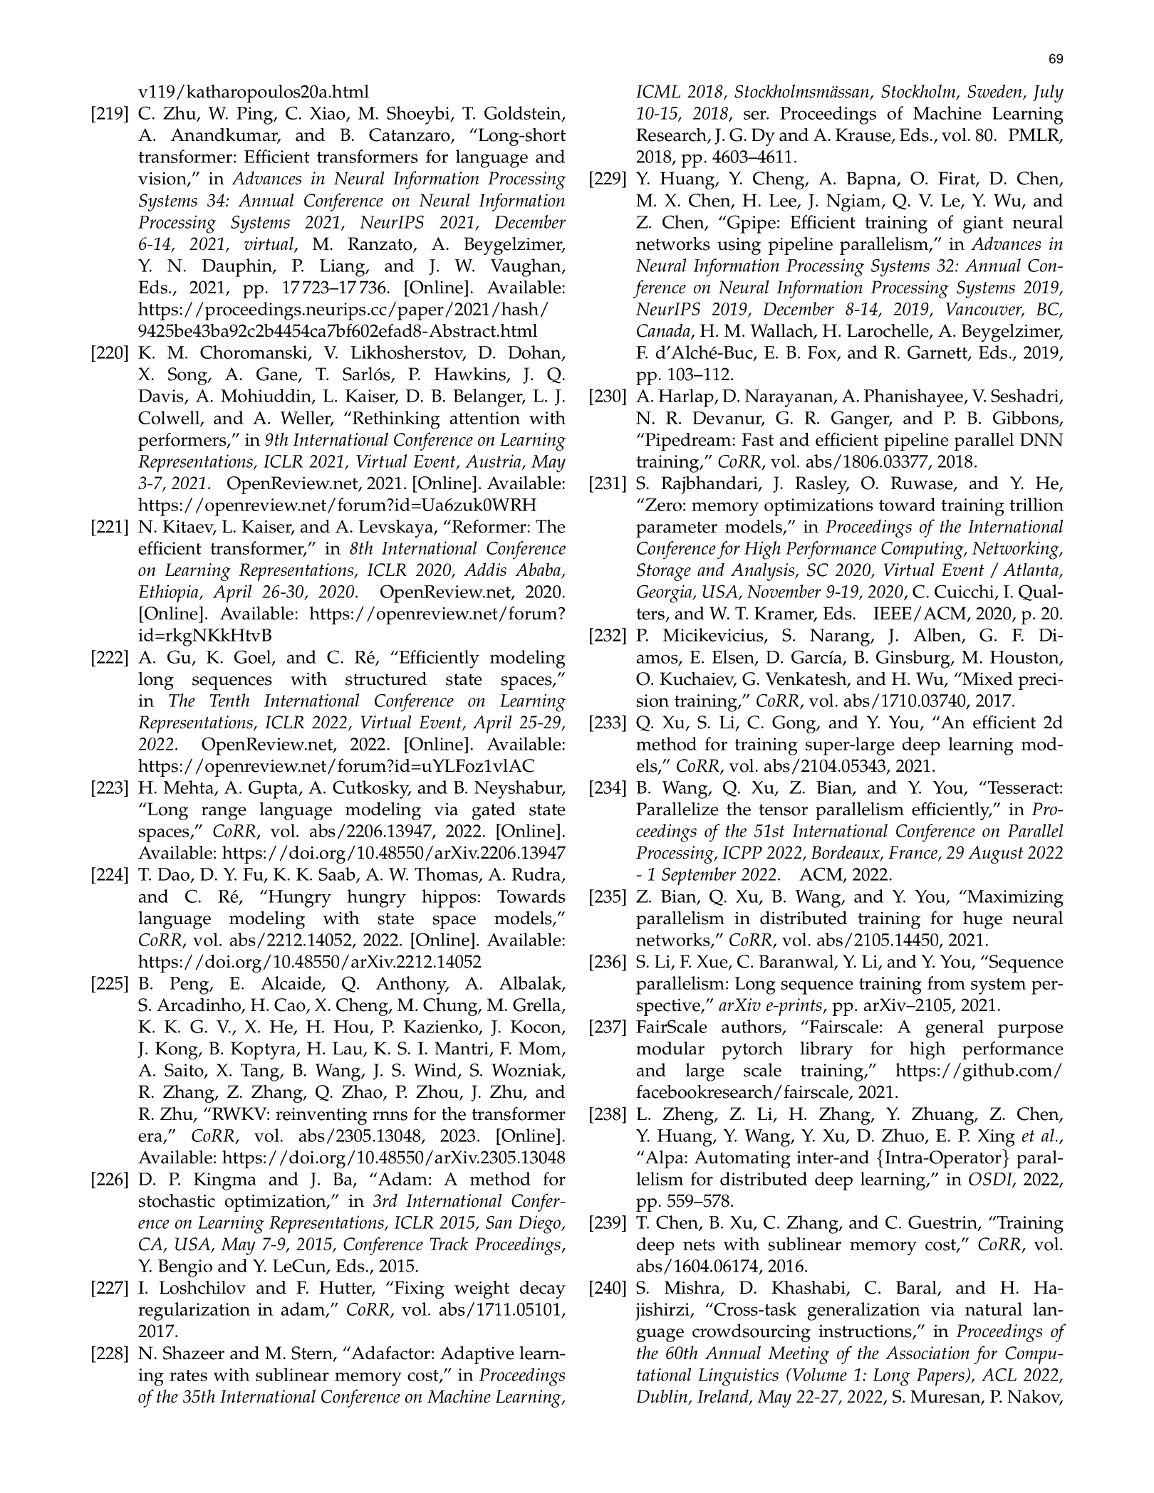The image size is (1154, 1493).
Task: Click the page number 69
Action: pyautogui.click(x=1056, y=59)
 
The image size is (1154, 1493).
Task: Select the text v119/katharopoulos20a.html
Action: pyautogui.click(x=254, y=93)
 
